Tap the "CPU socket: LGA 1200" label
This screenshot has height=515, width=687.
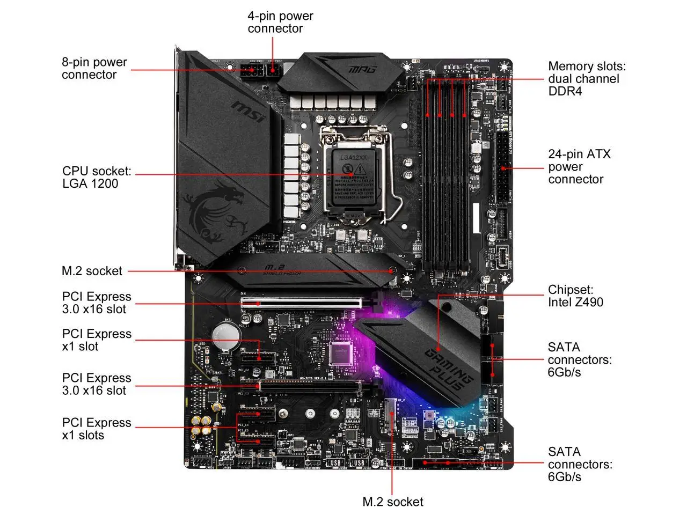click(x=97, y=178)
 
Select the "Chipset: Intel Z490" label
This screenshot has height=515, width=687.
click(x=575, y=296)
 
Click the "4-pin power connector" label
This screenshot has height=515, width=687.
click(x=280, y=23)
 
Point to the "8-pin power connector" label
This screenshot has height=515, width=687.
click(x=94, y=69)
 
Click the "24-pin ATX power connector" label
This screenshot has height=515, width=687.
click(x=579, y=167)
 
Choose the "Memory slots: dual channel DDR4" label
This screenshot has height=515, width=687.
click(x=587, y=79)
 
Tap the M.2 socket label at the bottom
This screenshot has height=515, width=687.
click(x=393, y=502)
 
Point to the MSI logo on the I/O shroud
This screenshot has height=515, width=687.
click(x=249, y=111)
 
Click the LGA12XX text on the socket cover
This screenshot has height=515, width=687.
click(x=354, y=158)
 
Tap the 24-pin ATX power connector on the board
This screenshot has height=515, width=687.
click(x=502, y=167)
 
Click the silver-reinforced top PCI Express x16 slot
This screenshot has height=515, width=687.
click(x=302, y=303)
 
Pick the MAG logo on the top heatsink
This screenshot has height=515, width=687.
click(x=362, y=69)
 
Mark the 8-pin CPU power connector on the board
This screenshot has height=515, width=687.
click(x=251, y=70)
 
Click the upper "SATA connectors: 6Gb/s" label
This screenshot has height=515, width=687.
click(x=579, y=359)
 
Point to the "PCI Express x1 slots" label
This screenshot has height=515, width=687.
click(x=97, y=429)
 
